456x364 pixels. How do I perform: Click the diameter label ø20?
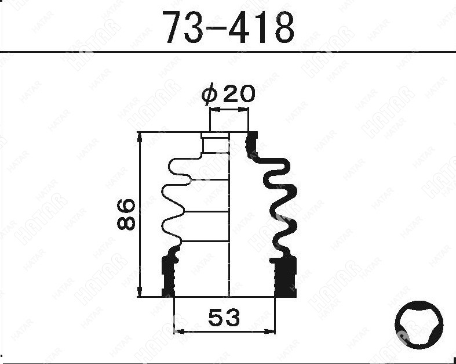tap(228, 94)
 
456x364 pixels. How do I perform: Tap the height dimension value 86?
tap(126, 214)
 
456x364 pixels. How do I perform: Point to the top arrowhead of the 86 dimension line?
tap(140, 137)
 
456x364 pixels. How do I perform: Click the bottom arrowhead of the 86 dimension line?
tap(140, 291)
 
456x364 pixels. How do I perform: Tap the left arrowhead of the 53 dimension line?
tap(179, 331)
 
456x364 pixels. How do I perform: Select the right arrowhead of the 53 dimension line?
tap(269, 331)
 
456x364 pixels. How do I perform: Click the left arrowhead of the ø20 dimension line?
tap(214, 110)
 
